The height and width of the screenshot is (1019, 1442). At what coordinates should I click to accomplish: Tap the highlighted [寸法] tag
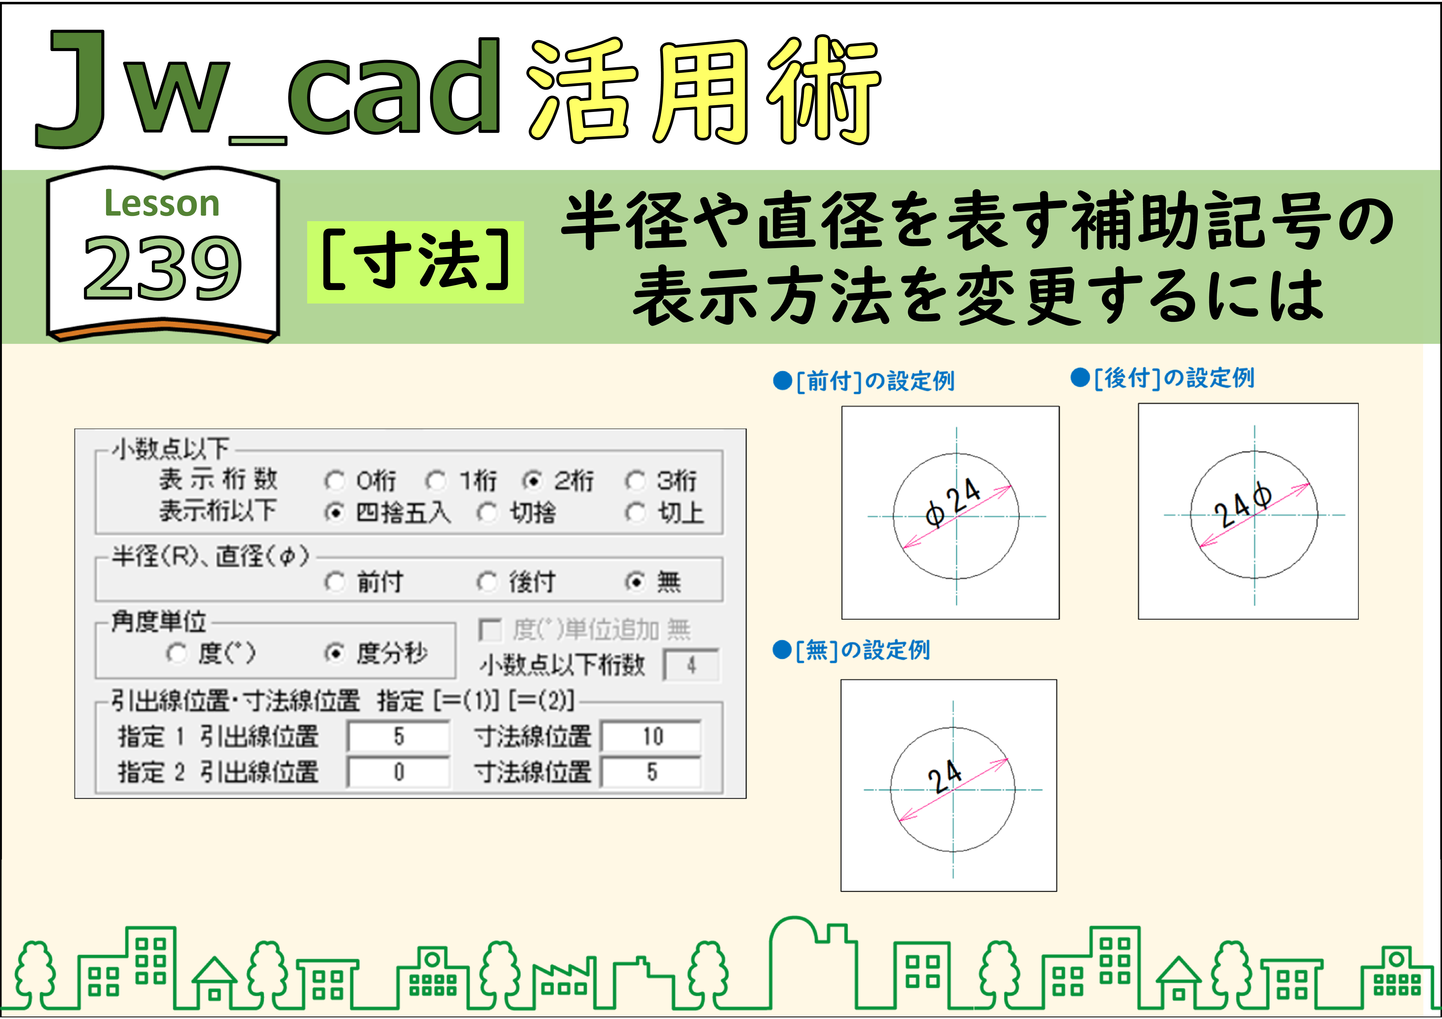coord(415,262)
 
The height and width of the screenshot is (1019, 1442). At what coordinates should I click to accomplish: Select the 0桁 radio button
coord(335,481)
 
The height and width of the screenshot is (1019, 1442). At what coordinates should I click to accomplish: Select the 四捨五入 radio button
coord(335,513)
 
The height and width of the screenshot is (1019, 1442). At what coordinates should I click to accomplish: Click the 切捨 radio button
coord(487,513)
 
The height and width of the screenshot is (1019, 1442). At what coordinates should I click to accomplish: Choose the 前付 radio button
coord(335,582)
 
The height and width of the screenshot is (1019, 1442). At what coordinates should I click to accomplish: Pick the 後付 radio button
coord(487,582)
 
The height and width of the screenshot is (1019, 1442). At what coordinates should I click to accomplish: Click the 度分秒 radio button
coord(335,653)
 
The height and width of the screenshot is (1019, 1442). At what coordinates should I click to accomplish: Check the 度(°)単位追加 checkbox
coord(489,630)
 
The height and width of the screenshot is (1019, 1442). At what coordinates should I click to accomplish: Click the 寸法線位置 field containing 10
coord(651,736)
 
